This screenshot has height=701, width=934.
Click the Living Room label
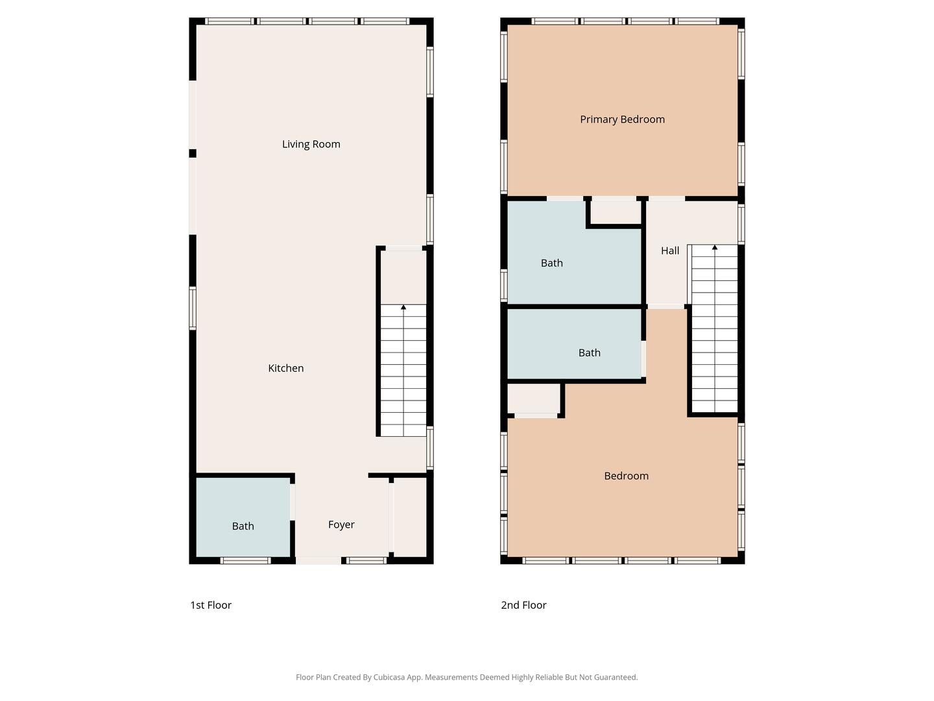point(311,144)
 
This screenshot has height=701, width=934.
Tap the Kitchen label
point(286,368)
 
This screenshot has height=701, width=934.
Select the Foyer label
point(341,525)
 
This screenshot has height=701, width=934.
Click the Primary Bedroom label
point(622,119)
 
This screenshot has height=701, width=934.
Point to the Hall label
point(670,251)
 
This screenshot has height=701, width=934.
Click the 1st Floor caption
point(211,605)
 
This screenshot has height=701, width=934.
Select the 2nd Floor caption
point(523,605)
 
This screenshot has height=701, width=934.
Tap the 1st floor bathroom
point(243,517)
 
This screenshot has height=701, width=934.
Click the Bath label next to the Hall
point(551,263)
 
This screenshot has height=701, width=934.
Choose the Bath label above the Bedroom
point(590,353)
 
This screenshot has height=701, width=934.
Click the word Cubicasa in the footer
point(389,677)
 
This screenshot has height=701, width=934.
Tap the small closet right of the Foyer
point(410,517)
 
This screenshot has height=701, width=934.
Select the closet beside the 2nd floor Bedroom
point(534,399)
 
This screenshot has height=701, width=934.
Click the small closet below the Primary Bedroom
point(616,212)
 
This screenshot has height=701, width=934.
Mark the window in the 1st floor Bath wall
point(246,561)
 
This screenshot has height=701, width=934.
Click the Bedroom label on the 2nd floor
point(627,476)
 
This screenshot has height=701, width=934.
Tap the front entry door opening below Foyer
point(318,561)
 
